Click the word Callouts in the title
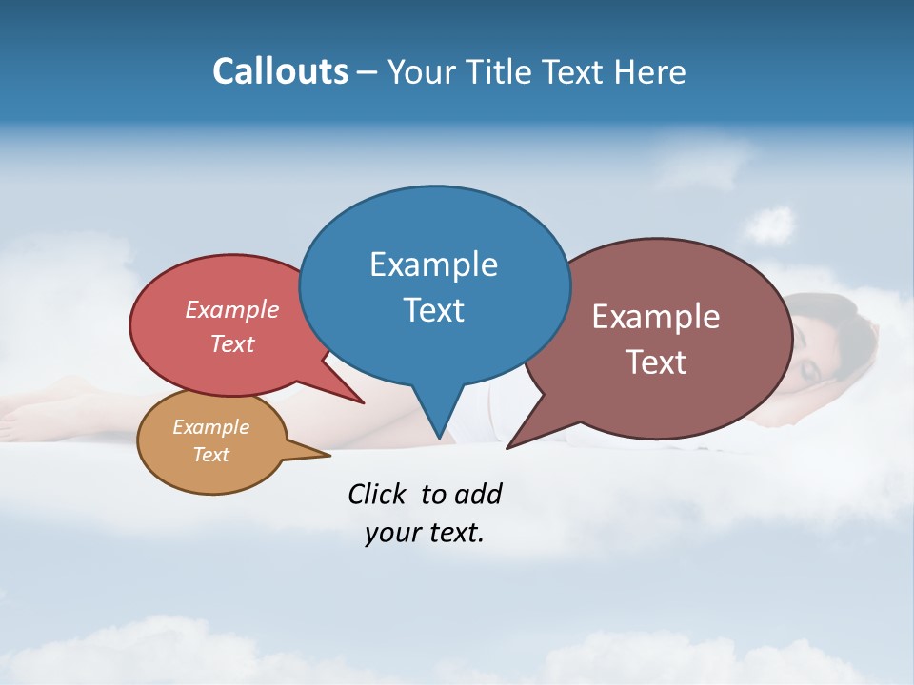[x=280, y=71]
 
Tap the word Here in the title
[x=648, y=71]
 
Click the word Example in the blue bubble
[x=433, y=264]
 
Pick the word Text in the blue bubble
[x=433, y=310]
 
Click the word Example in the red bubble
[x=232, y=309]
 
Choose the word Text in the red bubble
[x=232, y=343]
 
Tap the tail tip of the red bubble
[x=363, y=402]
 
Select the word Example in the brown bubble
[x=656, y=317]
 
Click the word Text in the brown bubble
[x=656, y=362]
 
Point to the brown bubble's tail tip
[x=508, y=447]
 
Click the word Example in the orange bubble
[x=210, y=427]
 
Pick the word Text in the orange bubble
[x=210, y=455]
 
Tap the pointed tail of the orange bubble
[x=328, y=456]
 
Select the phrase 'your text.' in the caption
[x=425, y=533]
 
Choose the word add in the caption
[x=477, y=494]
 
